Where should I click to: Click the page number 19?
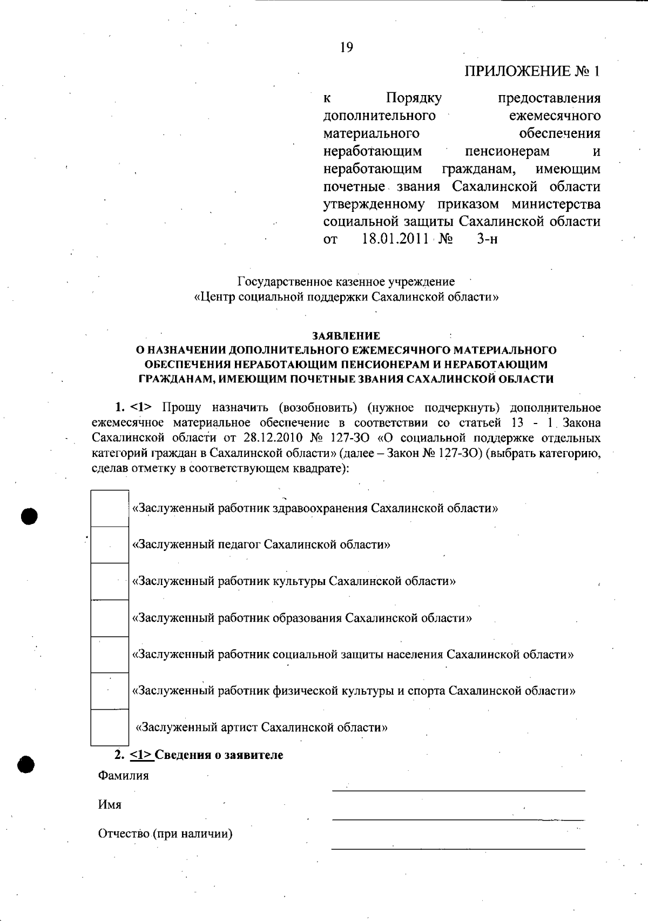346,48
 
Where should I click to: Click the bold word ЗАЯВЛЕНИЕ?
346,336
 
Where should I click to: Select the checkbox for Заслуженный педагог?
110,545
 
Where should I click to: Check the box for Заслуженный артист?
110,727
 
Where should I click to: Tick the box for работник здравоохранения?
110,508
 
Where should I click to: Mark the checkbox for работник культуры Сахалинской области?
110,581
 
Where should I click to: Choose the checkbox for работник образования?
110,618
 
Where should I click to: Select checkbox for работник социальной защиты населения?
110,655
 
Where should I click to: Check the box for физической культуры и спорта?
110,691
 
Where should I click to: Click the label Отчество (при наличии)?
165,833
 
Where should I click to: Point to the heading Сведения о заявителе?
219,755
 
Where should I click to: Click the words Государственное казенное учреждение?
346,281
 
